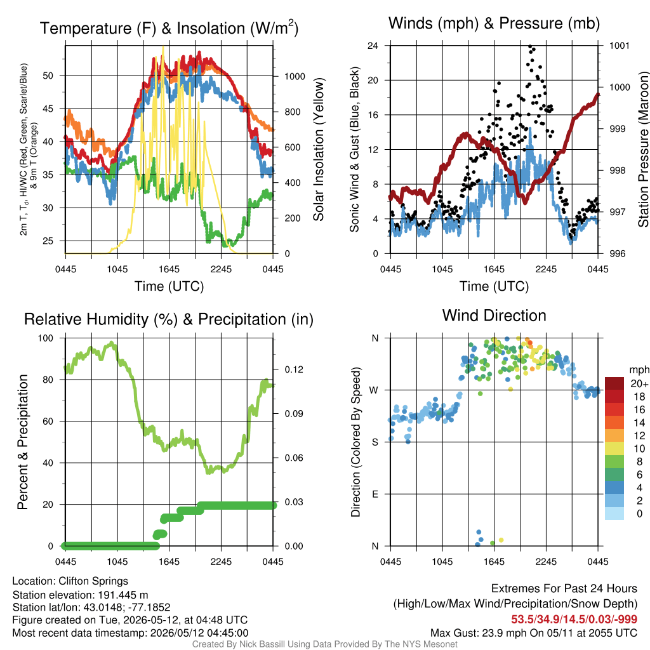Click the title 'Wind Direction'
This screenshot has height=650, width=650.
pyautogui.click(x=494, y=315)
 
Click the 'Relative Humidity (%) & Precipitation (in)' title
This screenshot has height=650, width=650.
pyautogui.click(x=169, y=320)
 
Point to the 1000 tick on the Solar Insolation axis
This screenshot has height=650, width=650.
pyautogui.click(x=295, y=76)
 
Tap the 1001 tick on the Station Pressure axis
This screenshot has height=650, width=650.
pyautogui.click(x=620, y=45)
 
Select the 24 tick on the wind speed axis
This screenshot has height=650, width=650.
pyautogui.click(x=373, y=45)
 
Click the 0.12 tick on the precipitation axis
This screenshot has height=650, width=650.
pyautogui.click(x=294, y=369)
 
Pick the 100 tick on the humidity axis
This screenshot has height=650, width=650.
pyautogui.click(x=46, y=338)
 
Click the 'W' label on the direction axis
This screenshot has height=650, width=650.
pyautogui.click(x=374, y=390)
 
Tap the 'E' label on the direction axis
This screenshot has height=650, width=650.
pyautogui.click(x=375, y=494)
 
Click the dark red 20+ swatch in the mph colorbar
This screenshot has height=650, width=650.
pyautogui.click(x=614, y=383)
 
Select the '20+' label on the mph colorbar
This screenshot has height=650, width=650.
pyautogui.click(x=639, y=384)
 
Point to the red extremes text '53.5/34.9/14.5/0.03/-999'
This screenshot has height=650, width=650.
pyautogui.click(x=574, y=620)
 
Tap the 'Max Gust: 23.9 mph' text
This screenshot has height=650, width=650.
pyautogui.click(x=470, y=633)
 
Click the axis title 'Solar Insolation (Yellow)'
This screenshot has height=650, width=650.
pyautogui.click(x=318, y=149)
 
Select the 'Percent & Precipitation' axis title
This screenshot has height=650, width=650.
pyautogui.click(x=22, y=442)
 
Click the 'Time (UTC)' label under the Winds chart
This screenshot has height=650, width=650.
pyautogui.click(x=494, y=286)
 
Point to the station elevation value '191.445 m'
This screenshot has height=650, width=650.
pyautogui.click(x=123, y=595)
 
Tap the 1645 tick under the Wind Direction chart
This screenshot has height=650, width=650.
pyautogui.click(x=494, y=562)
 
